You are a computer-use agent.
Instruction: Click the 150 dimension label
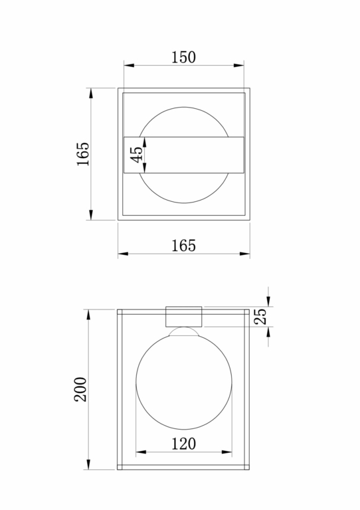[x=183, y=57]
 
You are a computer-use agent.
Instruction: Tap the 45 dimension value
[x=137, y=155]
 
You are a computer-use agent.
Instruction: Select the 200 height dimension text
[x=80, y=389]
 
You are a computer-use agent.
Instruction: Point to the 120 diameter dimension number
[x=184, y=444]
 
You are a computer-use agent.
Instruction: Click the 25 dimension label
[x=260, y=316]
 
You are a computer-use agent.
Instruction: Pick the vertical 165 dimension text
[x=83, y=154]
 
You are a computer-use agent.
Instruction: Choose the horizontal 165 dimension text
[x=184, y=246]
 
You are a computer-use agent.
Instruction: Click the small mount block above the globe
[x=184, y=317]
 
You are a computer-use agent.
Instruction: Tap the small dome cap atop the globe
[x=184, y=331]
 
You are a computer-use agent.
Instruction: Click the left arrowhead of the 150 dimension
[x=129, y=65]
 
